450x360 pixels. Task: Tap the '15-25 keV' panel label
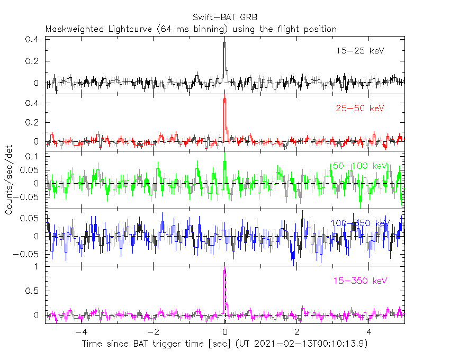(x=360, y=51)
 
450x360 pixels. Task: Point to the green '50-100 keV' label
(x=360, y=166)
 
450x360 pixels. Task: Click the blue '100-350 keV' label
(x=360, y=223)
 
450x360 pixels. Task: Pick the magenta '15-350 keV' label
(x=360, y=280)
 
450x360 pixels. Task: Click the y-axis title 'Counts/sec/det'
(x=9, y=181)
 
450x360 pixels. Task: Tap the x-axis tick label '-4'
(x=81, y=332)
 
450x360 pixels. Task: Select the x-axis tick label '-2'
(x=153, y=332)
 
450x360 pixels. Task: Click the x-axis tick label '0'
(x=226, y=332)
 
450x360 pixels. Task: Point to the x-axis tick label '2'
(x=298, y=332)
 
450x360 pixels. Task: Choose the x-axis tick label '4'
(x=370, y=332)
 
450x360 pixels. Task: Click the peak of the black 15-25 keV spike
(x=224, y=42)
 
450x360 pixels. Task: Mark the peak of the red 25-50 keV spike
(x=224, y=99)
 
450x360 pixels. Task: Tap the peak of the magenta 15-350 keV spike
(x=224, y=270)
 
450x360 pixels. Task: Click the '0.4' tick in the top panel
(x=33, y=40)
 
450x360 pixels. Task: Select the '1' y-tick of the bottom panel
(x=38, y=267)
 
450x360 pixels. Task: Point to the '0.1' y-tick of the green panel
(x=33, y=157)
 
